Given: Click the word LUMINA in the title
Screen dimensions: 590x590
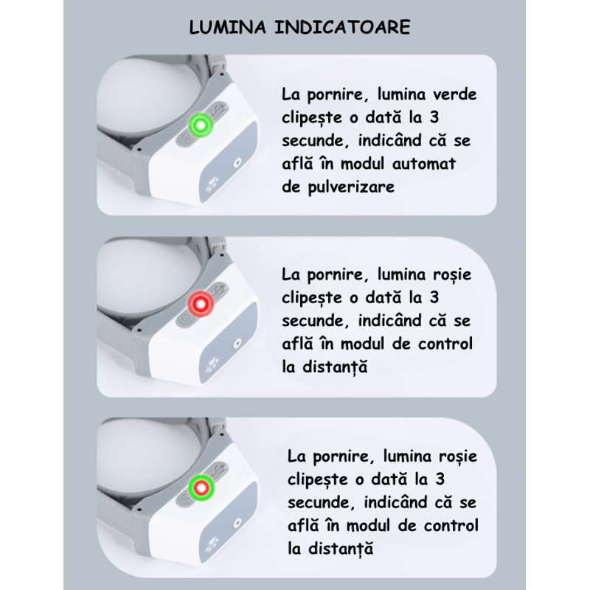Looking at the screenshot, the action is (227, 27).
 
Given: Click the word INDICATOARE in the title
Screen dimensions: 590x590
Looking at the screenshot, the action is (342, 27).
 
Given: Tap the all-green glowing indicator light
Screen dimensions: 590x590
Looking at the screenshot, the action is (201, 125).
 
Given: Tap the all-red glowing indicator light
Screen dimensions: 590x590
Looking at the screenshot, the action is (201, 304).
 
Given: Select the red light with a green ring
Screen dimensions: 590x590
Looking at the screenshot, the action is (201, 488).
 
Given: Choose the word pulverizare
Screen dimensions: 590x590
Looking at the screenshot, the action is (351, 187).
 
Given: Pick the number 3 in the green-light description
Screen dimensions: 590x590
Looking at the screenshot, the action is (434, 117).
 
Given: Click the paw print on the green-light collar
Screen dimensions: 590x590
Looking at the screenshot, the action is (212, 183).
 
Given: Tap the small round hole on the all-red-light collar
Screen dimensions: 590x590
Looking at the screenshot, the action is (237, 343).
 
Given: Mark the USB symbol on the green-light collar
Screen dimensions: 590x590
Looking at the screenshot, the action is (219, 110).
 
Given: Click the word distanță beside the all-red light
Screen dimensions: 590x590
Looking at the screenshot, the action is (335, 367).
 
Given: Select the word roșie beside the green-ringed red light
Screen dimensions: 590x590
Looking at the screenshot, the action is (458, 457).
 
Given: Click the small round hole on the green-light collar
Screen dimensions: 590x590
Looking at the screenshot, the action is (237, 163).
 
